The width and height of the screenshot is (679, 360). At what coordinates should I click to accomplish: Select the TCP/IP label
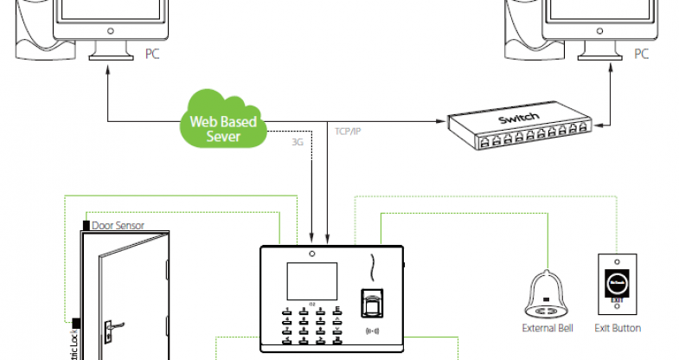tap(348, 132)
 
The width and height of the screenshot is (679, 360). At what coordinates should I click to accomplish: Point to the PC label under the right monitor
tap(641, 54)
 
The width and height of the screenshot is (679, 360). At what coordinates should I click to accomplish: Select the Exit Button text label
tap(618, 328)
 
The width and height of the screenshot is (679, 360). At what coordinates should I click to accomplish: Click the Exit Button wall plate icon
tap(617, 285)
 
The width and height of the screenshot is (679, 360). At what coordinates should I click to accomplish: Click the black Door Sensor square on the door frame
tap(86, 225)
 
